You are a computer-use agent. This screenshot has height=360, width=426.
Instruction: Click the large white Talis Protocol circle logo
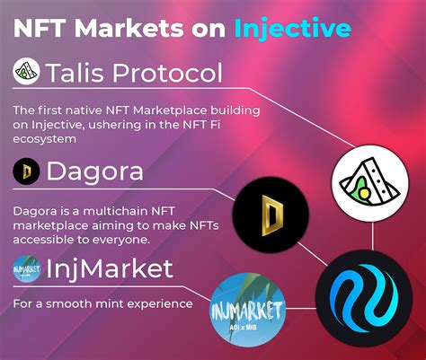pyautogui.click(x=369, y=181)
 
